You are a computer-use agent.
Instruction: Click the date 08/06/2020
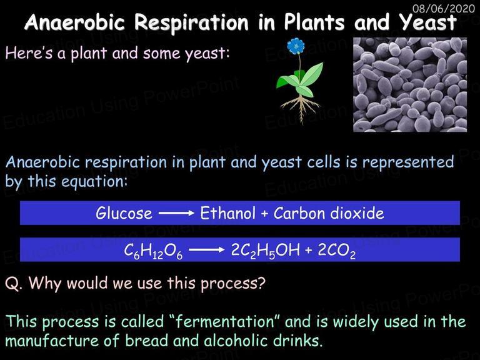pyautogui.click(x=444, y=8)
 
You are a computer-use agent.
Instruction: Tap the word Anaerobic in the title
pyautogui.click(x=75, y=22)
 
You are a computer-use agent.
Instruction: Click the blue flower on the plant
pyautogui.click(x=296, y=46)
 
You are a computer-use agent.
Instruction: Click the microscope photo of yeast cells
pyautogui.click(x=410, y=85)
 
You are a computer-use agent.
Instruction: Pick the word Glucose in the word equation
pyautogui.click(x=124, y=213)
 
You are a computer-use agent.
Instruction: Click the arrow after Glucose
pyautogui.click(x=176, y=213)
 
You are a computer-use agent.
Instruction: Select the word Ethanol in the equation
pyautogui.click(x=227, y=213)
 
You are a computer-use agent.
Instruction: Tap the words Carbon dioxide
pyautogui.click(x=329, y=213)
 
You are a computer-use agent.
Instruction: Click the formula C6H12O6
pyautogui.click(x=153, y=251)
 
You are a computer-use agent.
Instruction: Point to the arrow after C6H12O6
pyautogui.click(x=207, y=250)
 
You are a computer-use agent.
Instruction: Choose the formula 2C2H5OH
pyautogui.click(x=265, y=251)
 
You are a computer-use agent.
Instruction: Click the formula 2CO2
pyautogui.click(x=337, y=251)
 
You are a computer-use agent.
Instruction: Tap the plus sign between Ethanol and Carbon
pyautogui.click(x=264, y=214)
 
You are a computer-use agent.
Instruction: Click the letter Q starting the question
pyautogui.click(x=12, y=284)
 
